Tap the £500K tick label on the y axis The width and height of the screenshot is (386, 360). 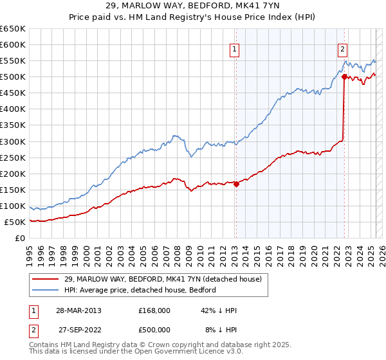[x=13, y=76]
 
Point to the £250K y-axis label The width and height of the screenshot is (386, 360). [x=13, y=157]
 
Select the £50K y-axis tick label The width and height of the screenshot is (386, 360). [x=15, y=222]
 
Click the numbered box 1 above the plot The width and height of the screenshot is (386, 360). [x=234, y=48]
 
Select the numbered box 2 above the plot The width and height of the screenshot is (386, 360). [x=343, y=48]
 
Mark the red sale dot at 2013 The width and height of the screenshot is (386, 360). [x=236, y=184]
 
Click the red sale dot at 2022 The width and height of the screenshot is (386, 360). [x=344, y=76]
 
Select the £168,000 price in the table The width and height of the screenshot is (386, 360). [x=154, y=310]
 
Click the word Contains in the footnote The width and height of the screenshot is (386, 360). [x=44, y=346]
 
